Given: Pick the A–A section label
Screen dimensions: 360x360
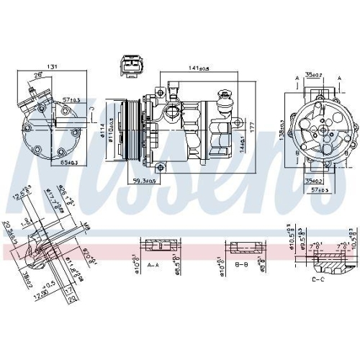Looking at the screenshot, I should click(152, 265).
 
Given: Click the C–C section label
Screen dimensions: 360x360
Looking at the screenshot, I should click(318, 279).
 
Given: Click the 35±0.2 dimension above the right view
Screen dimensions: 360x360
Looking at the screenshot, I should click(313, 73).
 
